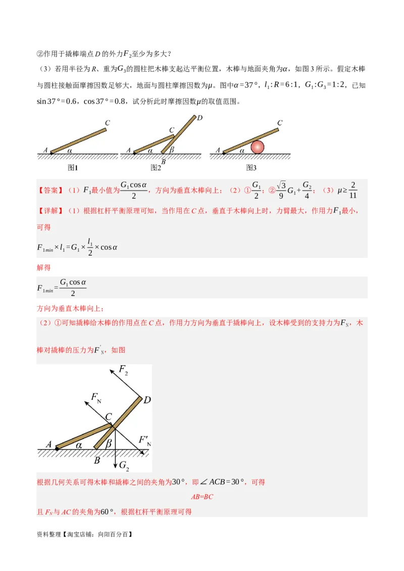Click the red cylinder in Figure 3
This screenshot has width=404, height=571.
258,147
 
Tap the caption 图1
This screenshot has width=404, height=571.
73,167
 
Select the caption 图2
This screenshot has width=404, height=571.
156,167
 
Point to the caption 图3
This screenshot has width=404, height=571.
251,167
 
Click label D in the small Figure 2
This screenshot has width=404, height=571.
199,118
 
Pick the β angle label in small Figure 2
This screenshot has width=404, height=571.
172,150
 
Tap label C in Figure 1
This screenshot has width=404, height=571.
108,123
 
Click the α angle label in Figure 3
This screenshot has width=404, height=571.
242,150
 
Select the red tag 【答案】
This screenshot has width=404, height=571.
51,191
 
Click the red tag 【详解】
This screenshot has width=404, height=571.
51,210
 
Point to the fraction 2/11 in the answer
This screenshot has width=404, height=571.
352,190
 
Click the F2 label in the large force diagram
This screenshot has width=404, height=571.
123,370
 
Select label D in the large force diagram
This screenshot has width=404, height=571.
147,400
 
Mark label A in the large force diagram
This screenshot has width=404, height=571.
49,444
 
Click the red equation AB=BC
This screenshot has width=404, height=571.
202,497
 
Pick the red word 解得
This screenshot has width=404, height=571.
44,267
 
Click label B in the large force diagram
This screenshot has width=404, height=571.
97,461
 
